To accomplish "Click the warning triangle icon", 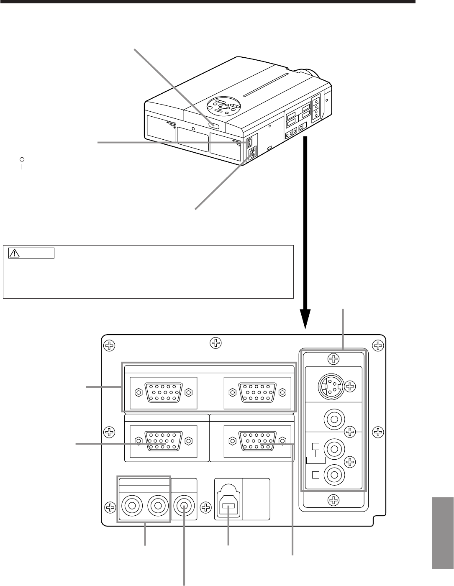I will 15,253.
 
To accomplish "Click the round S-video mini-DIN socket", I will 330,384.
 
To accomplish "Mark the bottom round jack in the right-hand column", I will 333,475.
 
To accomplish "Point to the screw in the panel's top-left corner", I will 109,345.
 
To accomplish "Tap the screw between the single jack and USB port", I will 205,507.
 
